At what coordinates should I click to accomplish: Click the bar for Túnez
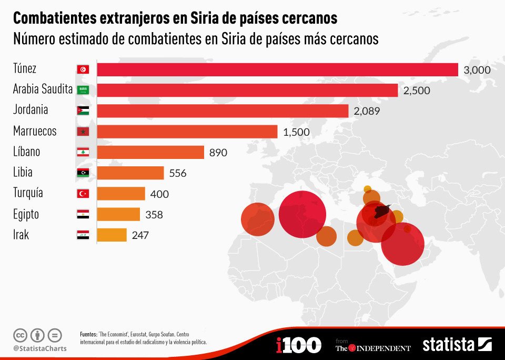tap(277, 69)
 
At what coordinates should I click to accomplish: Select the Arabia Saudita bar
tap(247, 90)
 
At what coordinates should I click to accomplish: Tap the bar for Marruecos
tap(187, 132)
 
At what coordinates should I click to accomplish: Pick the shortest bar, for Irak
tap(112, 235)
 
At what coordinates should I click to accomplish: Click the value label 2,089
tap(367, 111)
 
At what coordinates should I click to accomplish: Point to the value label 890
tap(218, 153)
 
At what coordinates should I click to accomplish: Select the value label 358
tap(154, 215)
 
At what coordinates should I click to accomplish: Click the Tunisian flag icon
tap(83, 69)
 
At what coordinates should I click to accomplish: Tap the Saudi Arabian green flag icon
tap(83, 90)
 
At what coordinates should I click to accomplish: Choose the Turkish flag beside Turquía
tap(83, 194)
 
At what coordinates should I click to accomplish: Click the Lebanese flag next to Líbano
tap(83, 153)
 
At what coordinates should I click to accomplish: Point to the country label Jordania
tap(31, 110)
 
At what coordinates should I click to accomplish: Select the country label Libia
tap(23, 172)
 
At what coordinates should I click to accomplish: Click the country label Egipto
tap(26, 214)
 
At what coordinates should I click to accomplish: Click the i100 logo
tap(298, 345)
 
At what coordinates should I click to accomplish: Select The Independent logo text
tap(373, 347)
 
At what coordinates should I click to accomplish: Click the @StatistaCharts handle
tap(39, 348)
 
